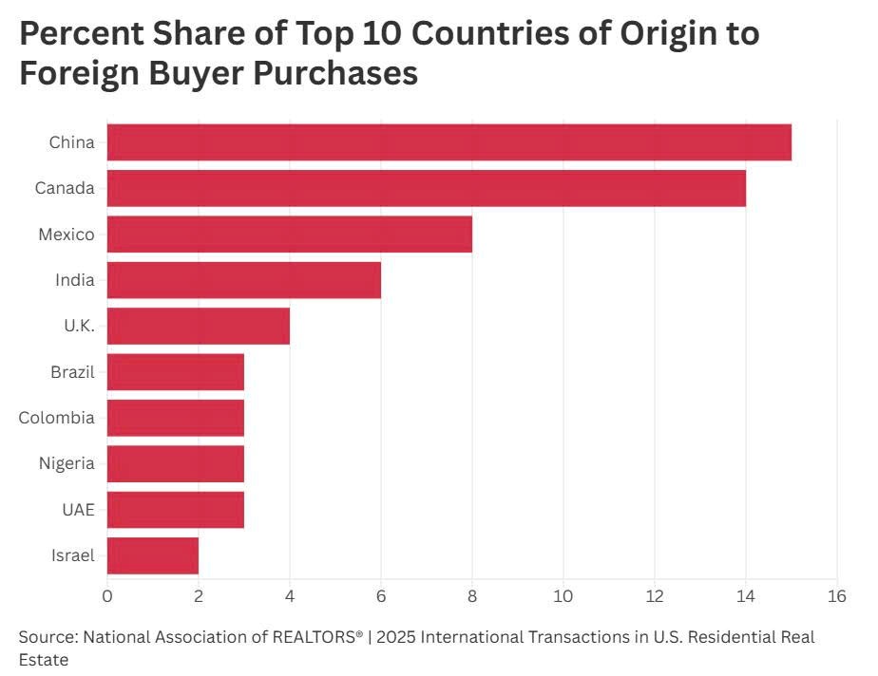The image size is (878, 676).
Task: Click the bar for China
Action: tap(449, 142)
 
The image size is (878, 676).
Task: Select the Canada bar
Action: tap(426, 188)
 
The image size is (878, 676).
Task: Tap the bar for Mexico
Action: tap(289, 234)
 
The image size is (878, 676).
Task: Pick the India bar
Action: tap(243, 280)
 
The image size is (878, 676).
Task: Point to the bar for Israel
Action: tap(152, 555)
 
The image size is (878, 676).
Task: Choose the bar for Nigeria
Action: tap(175, 463)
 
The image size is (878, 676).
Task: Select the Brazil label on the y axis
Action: tap(72, 371)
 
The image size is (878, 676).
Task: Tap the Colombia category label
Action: tap(57, 418)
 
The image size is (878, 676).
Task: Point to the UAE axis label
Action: tap(78, 510)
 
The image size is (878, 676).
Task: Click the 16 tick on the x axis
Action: tap(836, 596)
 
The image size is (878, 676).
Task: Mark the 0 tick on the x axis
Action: tap(107, 596)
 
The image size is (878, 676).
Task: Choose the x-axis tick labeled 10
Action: tap(563, 596)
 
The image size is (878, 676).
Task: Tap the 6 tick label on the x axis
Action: tap(380, 596)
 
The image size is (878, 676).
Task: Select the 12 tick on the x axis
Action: tap(654, 596)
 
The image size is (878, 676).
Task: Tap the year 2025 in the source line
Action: tap(399, 637)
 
